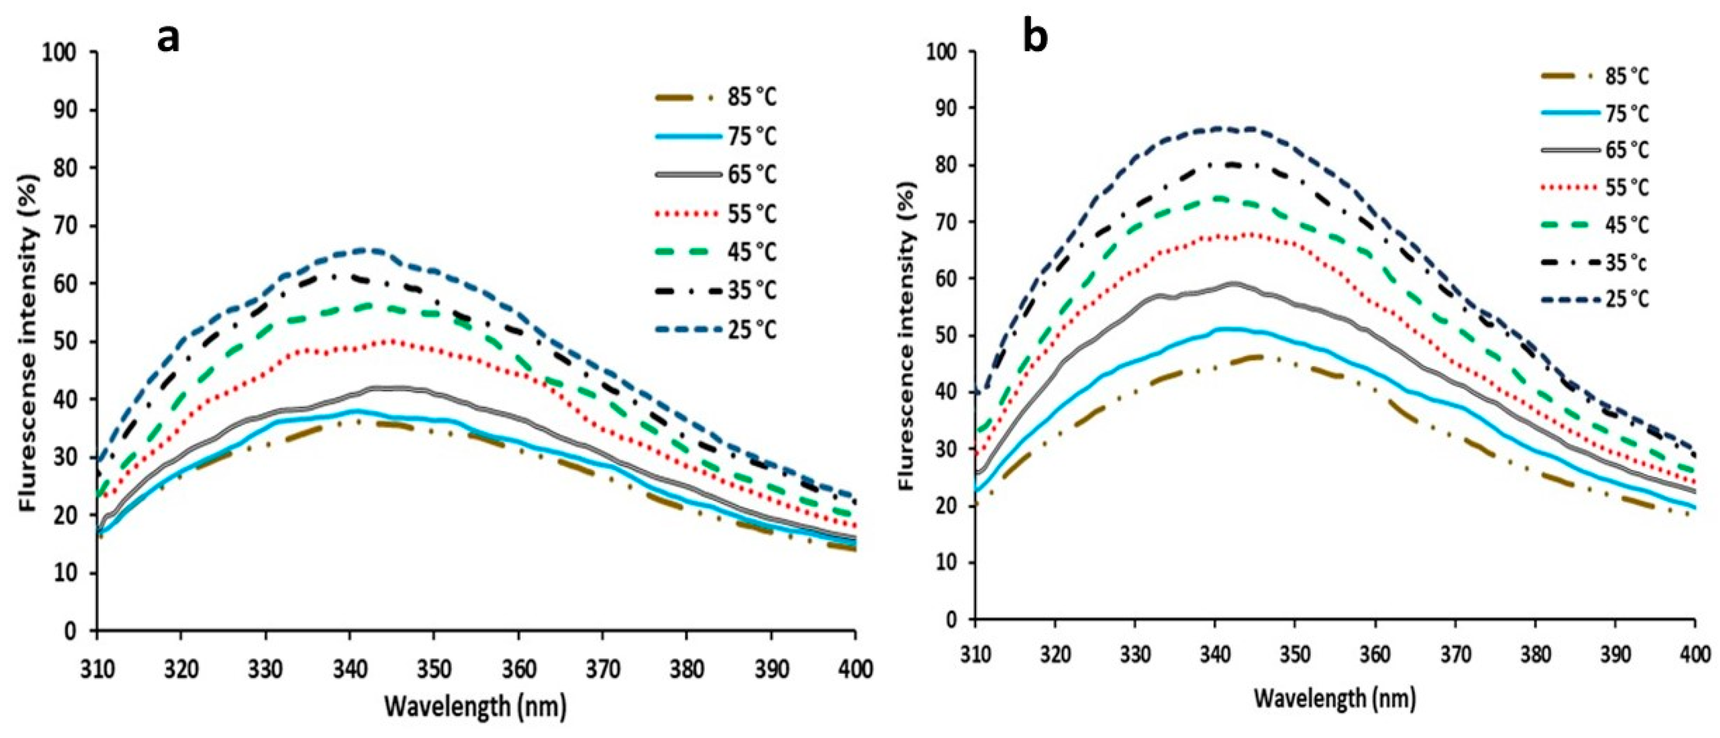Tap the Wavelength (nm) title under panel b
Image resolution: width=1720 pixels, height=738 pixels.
coord(1335,699)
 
